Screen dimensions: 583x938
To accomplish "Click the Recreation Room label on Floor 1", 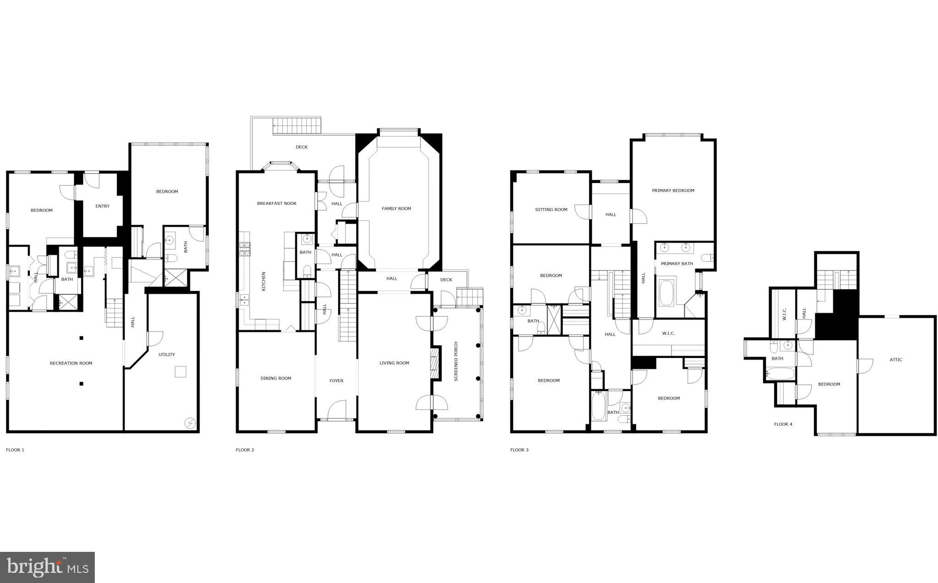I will point(71,363).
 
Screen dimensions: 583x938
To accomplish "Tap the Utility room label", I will point(167,354).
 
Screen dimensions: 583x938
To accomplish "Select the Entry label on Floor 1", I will point(103,206).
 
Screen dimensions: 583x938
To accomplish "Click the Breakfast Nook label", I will point(277,203).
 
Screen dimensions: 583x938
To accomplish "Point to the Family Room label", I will point(396,209).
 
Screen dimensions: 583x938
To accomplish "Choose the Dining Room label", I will point(276,378).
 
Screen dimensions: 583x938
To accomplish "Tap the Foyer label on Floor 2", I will point(336,381).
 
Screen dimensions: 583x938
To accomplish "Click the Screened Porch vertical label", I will point(456,362).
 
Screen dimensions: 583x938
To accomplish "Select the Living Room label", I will point(394,363).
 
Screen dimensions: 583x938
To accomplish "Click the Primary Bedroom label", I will point(673,191).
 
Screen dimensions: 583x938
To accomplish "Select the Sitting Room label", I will point(551,209).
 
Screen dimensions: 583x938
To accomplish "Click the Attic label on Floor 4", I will point(895,360).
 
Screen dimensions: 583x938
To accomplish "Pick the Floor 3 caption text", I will point(519,450).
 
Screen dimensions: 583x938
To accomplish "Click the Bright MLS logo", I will point(48,567).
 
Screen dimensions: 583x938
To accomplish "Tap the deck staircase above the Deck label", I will point(296,125).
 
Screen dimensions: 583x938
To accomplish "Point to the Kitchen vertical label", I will point(263,281).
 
